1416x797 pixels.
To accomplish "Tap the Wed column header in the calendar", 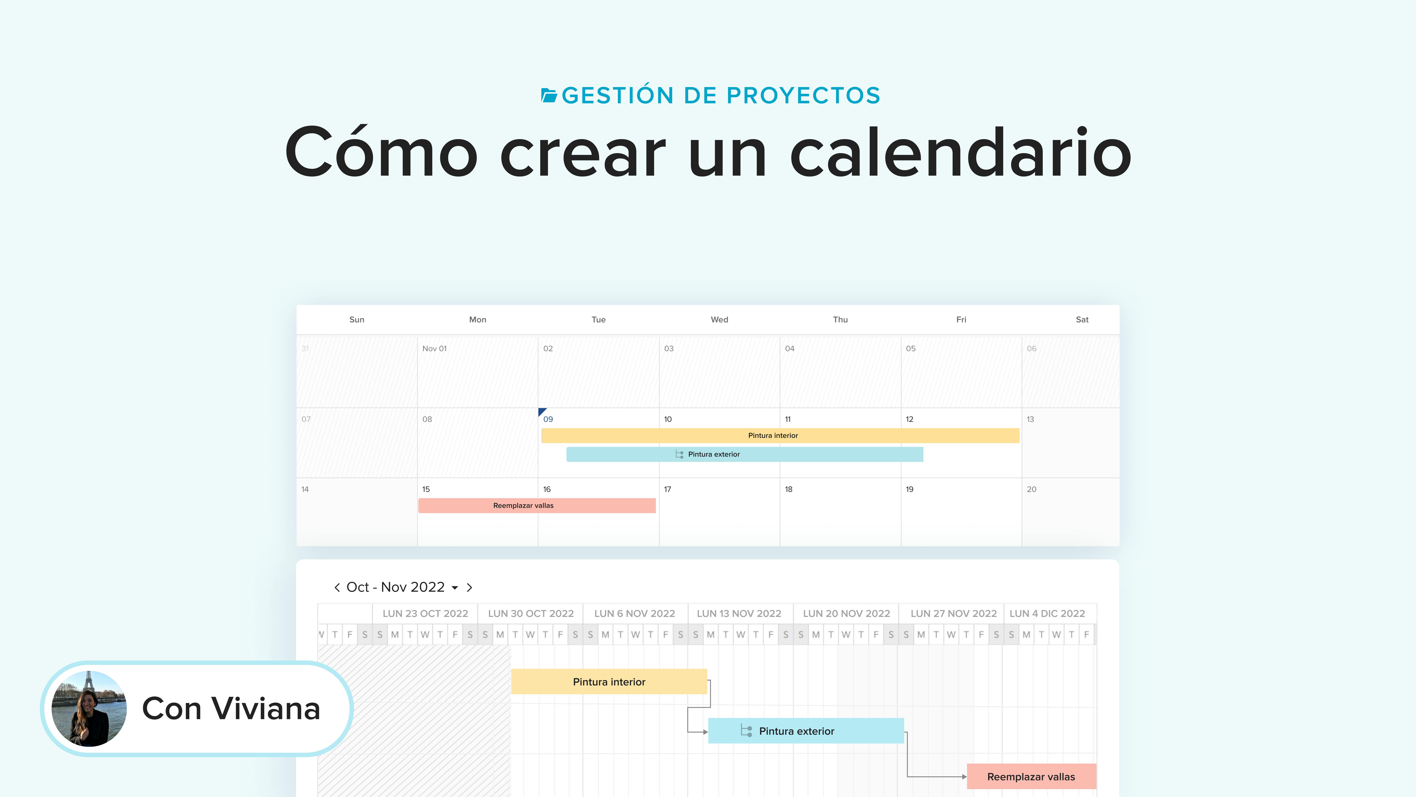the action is (x=719, y=320).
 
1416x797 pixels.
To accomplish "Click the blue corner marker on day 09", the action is (x=542, y=411).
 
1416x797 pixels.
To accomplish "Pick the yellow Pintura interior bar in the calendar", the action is (x=780, y=435).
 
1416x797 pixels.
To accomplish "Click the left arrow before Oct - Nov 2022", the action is (x=337, y=587).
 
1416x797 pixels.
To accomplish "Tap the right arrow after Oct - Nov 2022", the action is (x=469, y=587).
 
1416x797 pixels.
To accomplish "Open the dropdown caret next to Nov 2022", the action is (x=455, y=588).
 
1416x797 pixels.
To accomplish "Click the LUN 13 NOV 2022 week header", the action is (x=739, y=613).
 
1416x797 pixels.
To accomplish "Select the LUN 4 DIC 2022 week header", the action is (x=1047, y=613).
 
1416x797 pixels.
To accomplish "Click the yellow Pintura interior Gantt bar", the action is (x=609, y=682).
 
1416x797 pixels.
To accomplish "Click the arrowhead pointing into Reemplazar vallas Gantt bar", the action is (x=964, y=777).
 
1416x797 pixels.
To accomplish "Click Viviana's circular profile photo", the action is (x=89, y=708).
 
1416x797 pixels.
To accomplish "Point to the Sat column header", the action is (x=1082, y=320).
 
